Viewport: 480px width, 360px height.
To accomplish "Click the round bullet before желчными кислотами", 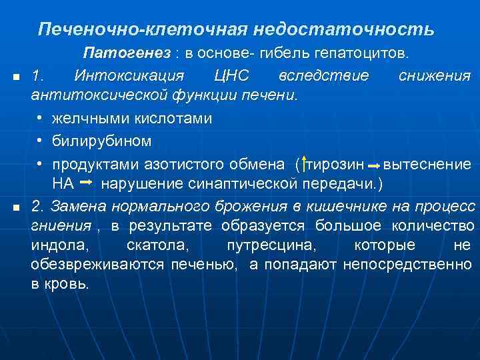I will coord(41,119).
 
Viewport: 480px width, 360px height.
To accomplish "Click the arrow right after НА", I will coord(85,182).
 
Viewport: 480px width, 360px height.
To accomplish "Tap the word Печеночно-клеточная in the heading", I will coord(143,29).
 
